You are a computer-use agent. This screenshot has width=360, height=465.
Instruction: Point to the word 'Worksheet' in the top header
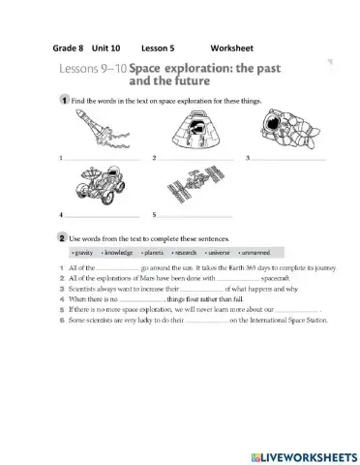pyautogui.click(x=231, y=47)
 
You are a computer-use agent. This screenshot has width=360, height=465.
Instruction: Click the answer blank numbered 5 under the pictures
pyautogui.click(x=194, y=214)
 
